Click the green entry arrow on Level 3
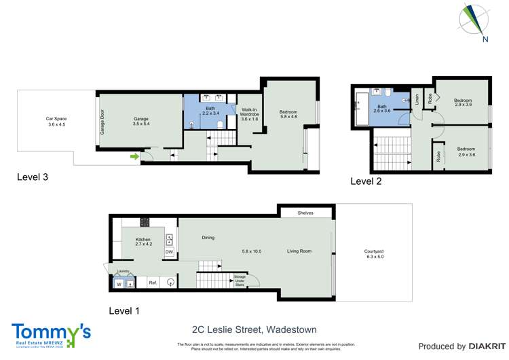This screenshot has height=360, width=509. click(x=134, y=158)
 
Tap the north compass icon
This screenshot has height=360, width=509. click(x=474, y=21)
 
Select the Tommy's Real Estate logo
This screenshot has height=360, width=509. click(x=51, y=334)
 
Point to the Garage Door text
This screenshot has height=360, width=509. click(x=102, y=122)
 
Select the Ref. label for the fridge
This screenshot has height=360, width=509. click(x=153, y=281)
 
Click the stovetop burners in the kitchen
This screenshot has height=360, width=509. click(x=145, y=221)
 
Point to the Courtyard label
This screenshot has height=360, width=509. click(x=375, y=254)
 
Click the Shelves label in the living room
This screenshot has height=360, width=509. click(x=305, y=213)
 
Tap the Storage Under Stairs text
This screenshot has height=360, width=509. click(x=240, y=281)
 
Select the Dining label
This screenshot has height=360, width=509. click(x=208, y=238)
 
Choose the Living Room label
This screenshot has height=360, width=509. click(x=299, y=251)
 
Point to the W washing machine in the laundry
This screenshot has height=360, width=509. click(x=119, y=285)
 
